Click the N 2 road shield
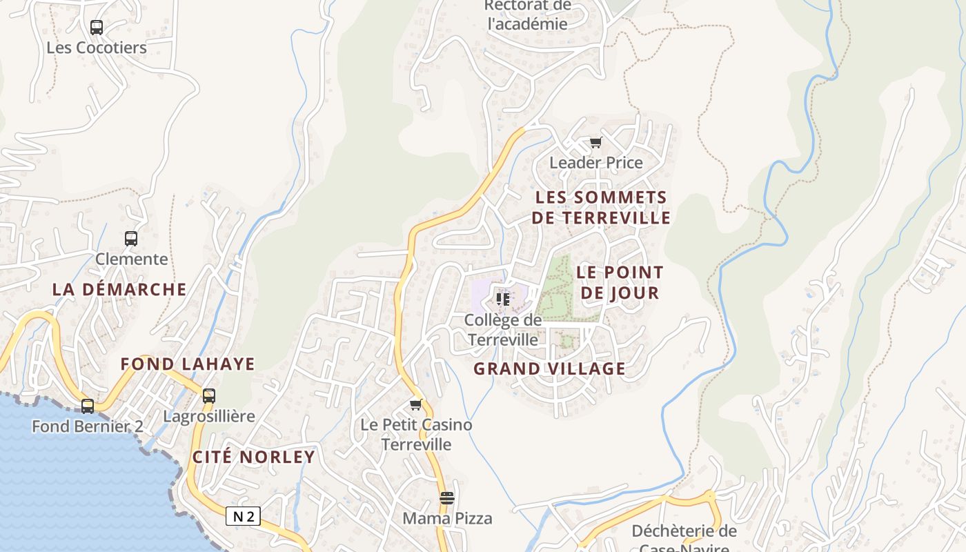[x=243, y=516]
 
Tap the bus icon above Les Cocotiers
[x=97, y=28]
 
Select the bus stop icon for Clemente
[x=131, y=239]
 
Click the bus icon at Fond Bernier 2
[x=88, y=406]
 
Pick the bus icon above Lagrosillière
[x=209, y=396]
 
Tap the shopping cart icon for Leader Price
[x=595, y=143]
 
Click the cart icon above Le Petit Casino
[x=415, y=404]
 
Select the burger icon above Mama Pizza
[x=447, y=498]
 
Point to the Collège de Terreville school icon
[x=503, y=299]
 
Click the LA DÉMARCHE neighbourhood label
[x=119, y=289]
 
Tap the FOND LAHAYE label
[x=188, y=364]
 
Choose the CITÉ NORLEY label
[x=253, y=457]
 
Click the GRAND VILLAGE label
[x=549, y=368]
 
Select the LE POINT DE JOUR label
[x=620, y=282]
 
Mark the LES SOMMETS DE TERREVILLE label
[x=602, y=208]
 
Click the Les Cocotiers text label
[x=97, y=48]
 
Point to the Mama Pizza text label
[x=447, y=518]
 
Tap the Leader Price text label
[x=595, y=163]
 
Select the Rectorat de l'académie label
[x=527, y=14]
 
